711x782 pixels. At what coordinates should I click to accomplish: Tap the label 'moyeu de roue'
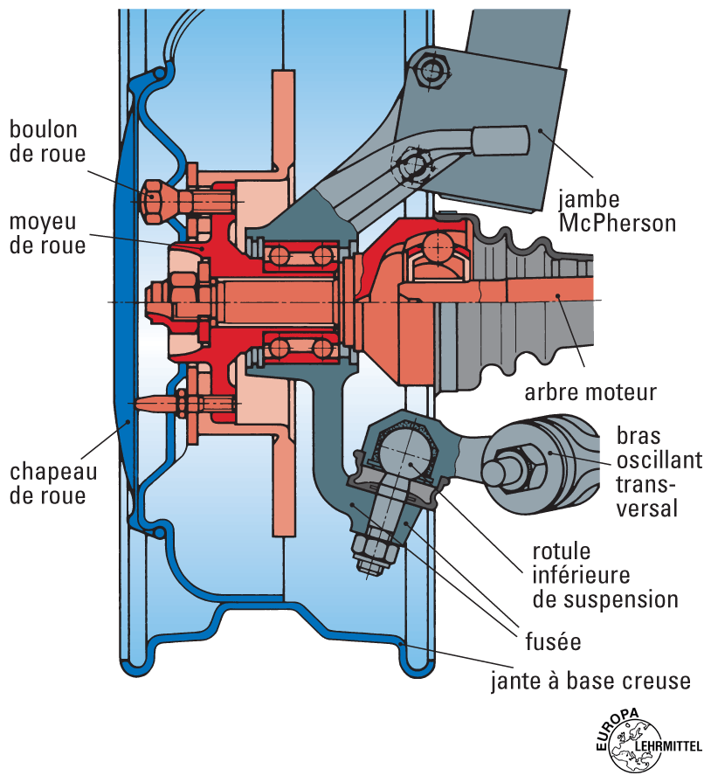(47, 233)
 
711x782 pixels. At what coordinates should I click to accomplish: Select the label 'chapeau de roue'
(53, 483)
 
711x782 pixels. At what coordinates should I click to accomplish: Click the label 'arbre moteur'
(590, 392)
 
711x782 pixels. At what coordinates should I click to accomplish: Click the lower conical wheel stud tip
(148, 405)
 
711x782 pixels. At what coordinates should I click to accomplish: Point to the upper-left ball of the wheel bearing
(280, 256)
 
